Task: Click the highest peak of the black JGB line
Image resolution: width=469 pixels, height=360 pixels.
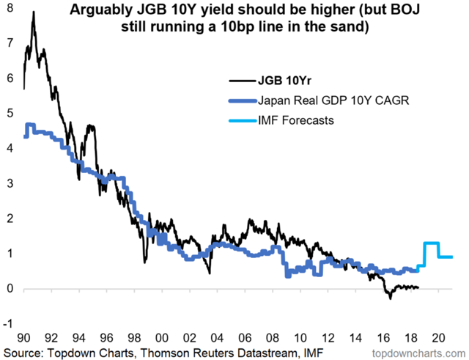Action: click(34, 12)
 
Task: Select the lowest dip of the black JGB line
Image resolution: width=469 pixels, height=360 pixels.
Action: click(391, 298)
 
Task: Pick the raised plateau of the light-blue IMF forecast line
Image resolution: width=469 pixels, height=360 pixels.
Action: click(432, 243)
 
